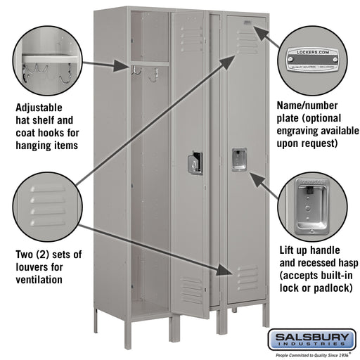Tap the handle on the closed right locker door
[239, 158]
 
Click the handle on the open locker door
[195, 163]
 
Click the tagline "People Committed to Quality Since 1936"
[309, 354]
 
